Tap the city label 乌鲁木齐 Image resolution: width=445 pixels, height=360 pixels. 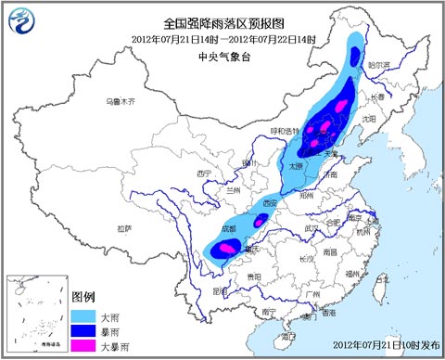pyautogui.click(x=121, y=99)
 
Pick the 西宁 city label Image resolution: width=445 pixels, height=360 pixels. pyautogui.click(x=206, y=173)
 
